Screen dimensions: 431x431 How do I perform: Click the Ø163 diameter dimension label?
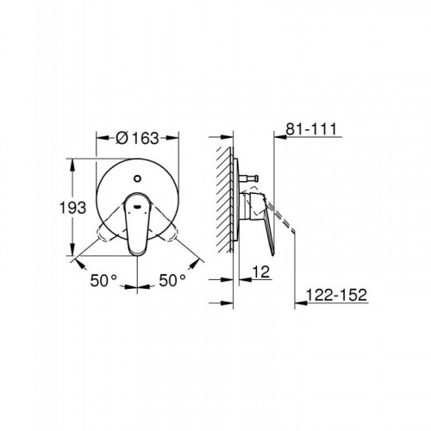click(x=137, y=138)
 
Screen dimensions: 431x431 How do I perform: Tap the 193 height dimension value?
click(x=72, y=208)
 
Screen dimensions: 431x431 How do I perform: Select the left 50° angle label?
click(x=103, y=280)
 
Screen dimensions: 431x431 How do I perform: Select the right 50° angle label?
click(x=172, y=280)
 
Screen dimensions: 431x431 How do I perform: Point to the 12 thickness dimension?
click(x=261, y=272)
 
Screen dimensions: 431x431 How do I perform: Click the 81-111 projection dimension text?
click(x=311, y=129)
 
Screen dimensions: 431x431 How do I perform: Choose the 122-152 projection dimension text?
click(x=337, y=295)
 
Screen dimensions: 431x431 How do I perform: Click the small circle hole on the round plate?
click(x=137, y=178)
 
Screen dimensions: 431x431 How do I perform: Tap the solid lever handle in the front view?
click(x=137, y=223)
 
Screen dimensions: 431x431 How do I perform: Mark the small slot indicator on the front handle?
click(x=137, y=206)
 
